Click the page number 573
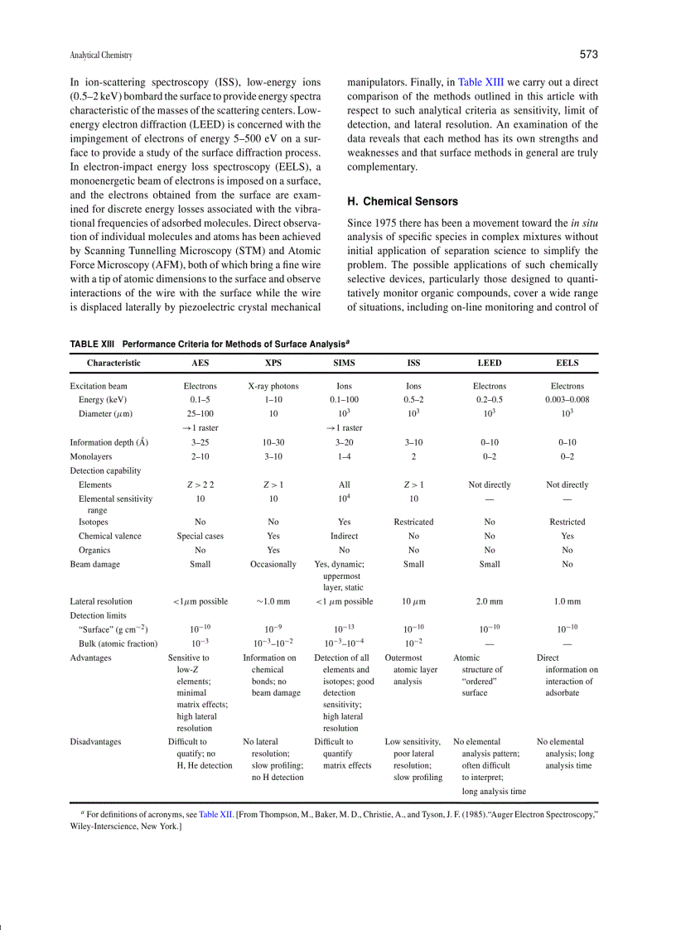pos(588,55)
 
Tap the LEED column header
pos(490,363)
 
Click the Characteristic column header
pos(113,363)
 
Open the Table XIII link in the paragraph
pos(480,82)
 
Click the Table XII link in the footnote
pos(215,815)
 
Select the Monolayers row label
pos(91,456)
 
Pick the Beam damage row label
pos(94,564)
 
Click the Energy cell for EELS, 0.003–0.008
pos(567,399)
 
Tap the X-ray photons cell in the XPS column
pos(273,386)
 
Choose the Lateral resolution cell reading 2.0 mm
pos(490,601)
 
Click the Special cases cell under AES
pos(200,536)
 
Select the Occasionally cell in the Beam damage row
pos(273,564)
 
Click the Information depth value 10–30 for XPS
pos(273,442)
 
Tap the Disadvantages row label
pos(95,742)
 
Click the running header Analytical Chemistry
pos(101,55)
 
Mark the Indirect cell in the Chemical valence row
pos(344,536)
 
